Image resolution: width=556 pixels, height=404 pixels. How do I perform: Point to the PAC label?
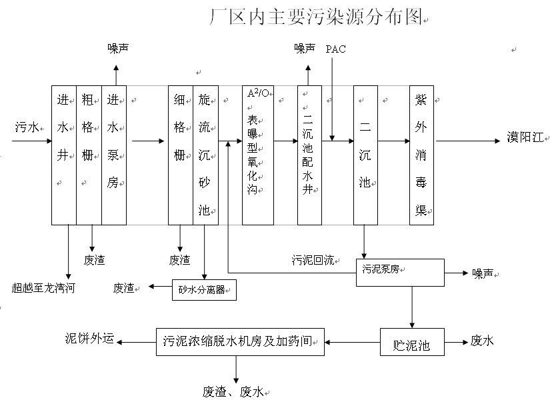pos(335,49)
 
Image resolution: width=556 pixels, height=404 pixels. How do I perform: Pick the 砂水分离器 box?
pos(203,290)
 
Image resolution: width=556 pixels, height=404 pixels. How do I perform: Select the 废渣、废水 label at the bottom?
pos(237,391)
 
